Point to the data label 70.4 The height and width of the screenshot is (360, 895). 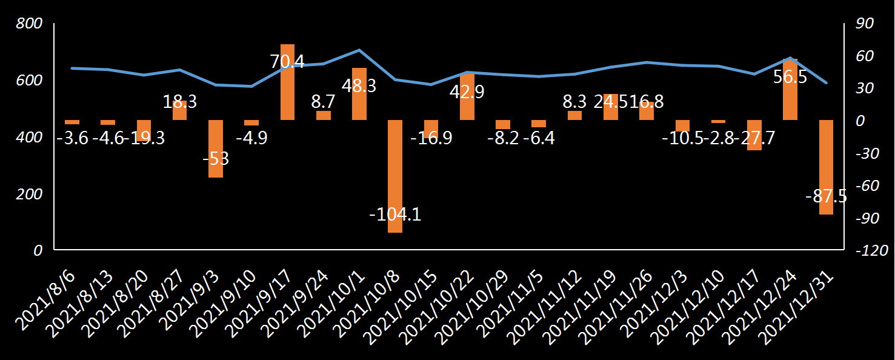[287, 61]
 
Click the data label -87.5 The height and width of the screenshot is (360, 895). [826, 197]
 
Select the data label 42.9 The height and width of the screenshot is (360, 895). [467, 92]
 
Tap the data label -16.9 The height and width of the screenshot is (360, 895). [431, 138]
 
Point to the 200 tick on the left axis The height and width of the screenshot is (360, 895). [29, 194]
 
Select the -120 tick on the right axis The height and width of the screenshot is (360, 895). [867, 252]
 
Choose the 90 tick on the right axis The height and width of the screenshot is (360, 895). [863, 24]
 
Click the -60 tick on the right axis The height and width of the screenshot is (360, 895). [865, 186]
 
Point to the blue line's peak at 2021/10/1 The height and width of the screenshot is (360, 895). [359, 50]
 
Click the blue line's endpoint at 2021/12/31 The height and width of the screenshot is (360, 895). [826, 82]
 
